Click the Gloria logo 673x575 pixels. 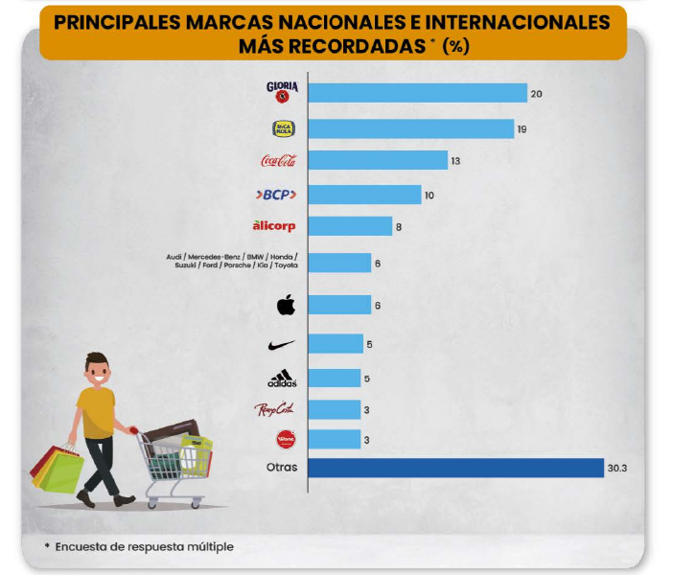pyautogui.click(x=283, y=92)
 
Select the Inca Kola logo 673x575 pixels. pyautogui.click(x=284, y=128)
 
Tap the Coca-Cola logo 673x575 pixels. pyautogui.click(x=278, y=161)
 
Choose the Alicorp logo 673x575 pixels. pyautogui.click(x=274, y=226)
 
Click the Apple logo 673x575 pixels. pyautogui.click(x=285, y=306)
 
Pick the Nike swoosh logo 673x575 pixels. pyautogui.click(x=282, y=344)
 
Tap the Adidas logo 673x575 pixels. pyautogui.click(x=282, y=379)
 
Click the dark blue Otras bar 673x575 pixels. pyautogui.click(x=455, y=469)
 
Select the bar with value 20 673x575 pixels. pyautogui.click(x=418, y=93)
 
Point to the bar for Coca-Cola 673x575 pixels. pyautogui.click(x=378, y=161)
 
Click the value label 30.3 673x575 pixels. pyautogui.click(x=618, y=469)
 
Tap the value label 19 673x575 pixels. pyautogui.click(x=522, y=128)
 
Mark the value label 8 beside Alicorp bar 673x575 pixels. pyautogui.click(x=398, y=226)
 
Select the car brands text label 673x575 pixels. pyautogui.click(x=231, y=262)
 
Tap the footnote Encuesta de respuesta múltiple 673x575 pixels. pyautogui.click(x=144, y=547)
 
